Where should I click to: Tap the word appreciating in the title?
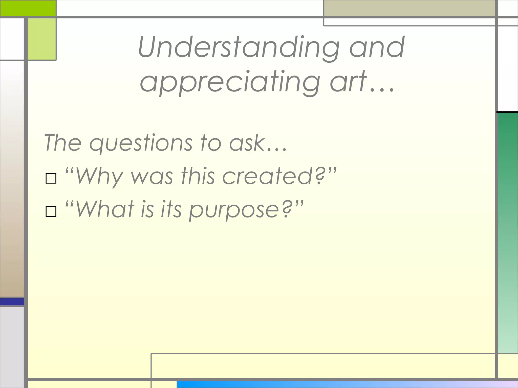230,82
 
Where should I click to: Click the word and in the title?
377,47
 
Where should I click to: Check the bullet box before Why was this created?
51,178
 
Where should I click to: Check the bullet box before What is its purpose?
51,212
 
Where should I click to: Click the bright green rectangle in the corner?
28,8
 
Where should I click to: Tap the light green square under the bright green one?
42,39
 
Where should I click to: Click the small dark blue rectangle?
12,302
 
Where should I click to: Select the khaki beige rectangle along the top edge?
409,8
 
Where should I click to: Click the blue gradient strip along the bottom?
347,384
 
